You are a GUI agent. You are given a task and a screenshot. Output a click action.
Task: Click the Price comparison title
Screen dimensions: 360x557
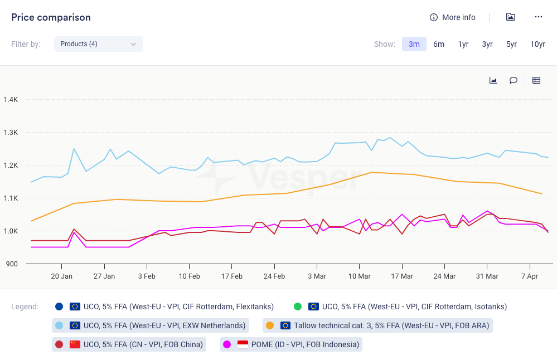[51, 17]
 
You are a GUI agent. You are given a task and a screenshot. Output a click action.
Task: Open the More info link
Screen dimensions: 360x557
[453, 17]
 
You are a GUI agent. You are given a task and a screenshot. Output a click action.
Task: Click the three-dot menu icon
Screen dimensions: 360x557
[538, 17]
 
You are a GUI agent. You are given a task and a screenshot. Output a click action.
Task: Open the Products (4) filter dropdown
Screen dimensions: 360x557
[99, 44]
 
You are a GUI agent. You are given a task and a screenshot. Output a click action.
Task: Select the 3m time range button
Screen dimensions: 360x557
[414, 44]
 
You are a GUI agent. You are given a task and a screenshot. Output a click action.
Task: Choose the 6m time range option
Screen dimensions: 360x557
[439, 44]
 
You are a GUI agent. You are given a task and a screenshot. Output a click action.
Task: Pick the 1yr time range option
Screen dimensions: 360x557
[463, 44]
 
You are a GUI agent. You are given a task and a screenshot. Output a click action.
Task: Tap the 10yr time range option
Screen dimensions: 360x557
[537, 44]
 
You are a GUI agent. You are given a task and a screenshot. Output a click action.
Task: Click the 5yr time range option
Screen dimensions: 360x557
[511, 44]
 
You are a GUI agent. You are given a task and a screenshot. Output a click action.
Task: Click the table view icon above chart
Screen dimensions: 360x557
[536, 80]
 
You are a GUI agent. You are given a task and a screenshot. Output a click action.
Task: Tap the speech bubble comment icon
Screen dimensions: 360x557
[513, 80]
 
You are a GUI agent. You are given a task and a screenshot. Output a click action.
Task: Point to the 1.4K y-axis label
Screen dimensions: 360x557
[11, 100]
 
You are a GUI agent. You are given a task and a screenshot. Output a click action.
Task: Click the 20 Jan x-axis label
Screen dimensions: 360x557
[61, 276]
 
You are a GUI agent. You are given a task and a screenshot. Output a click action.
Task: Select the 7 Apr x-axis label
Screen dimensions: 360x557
[530, 276]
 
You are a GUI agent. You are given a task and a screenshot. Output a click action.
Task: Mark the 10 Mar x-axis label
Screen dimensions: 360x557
[359, 276]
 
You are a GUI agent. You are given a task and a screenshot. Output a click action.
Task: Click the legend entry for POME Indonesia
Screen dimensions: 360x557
[291, 344]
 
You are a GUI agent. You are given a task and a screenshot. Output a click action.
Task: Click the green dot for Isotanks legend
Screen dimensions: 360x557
[298, 307]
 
